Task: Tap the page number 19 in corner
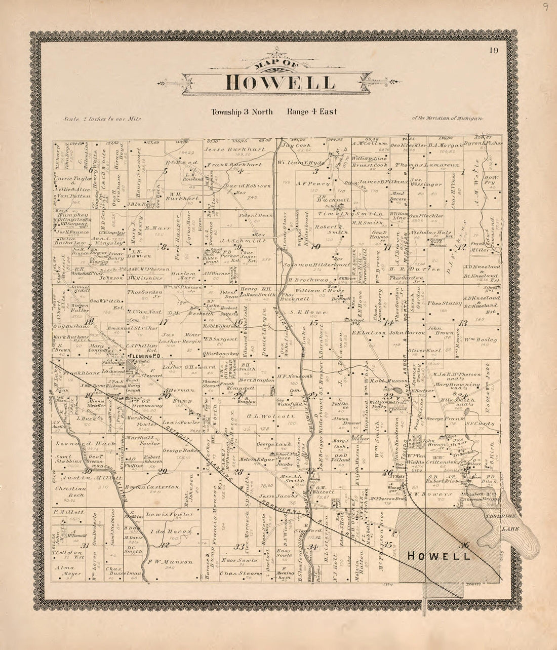(494, 50)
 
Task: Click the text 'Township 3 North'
(242, 112)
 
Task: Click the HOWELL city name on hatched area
(439, 556)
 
